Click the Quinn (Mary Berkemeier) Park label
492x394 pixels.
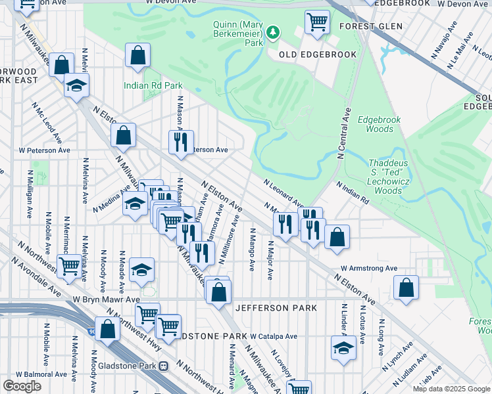coord(237,33)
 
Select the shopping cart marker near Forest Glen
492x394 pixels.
coord(317,23)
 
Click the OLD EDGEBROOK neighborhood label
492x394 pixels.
coord(318,55)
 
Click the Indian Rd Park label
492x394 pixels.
coord(145,85)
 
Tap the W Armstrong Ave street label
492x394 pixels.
coord(369,268)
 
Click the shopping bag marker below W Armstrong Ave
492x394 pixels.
coord(406,288)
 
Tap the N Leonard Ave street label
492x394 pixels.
coord(283,193)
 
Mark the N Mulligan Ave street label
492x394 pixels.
coord(30,194)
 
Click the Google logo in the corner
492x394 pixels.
coord(22,386)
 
